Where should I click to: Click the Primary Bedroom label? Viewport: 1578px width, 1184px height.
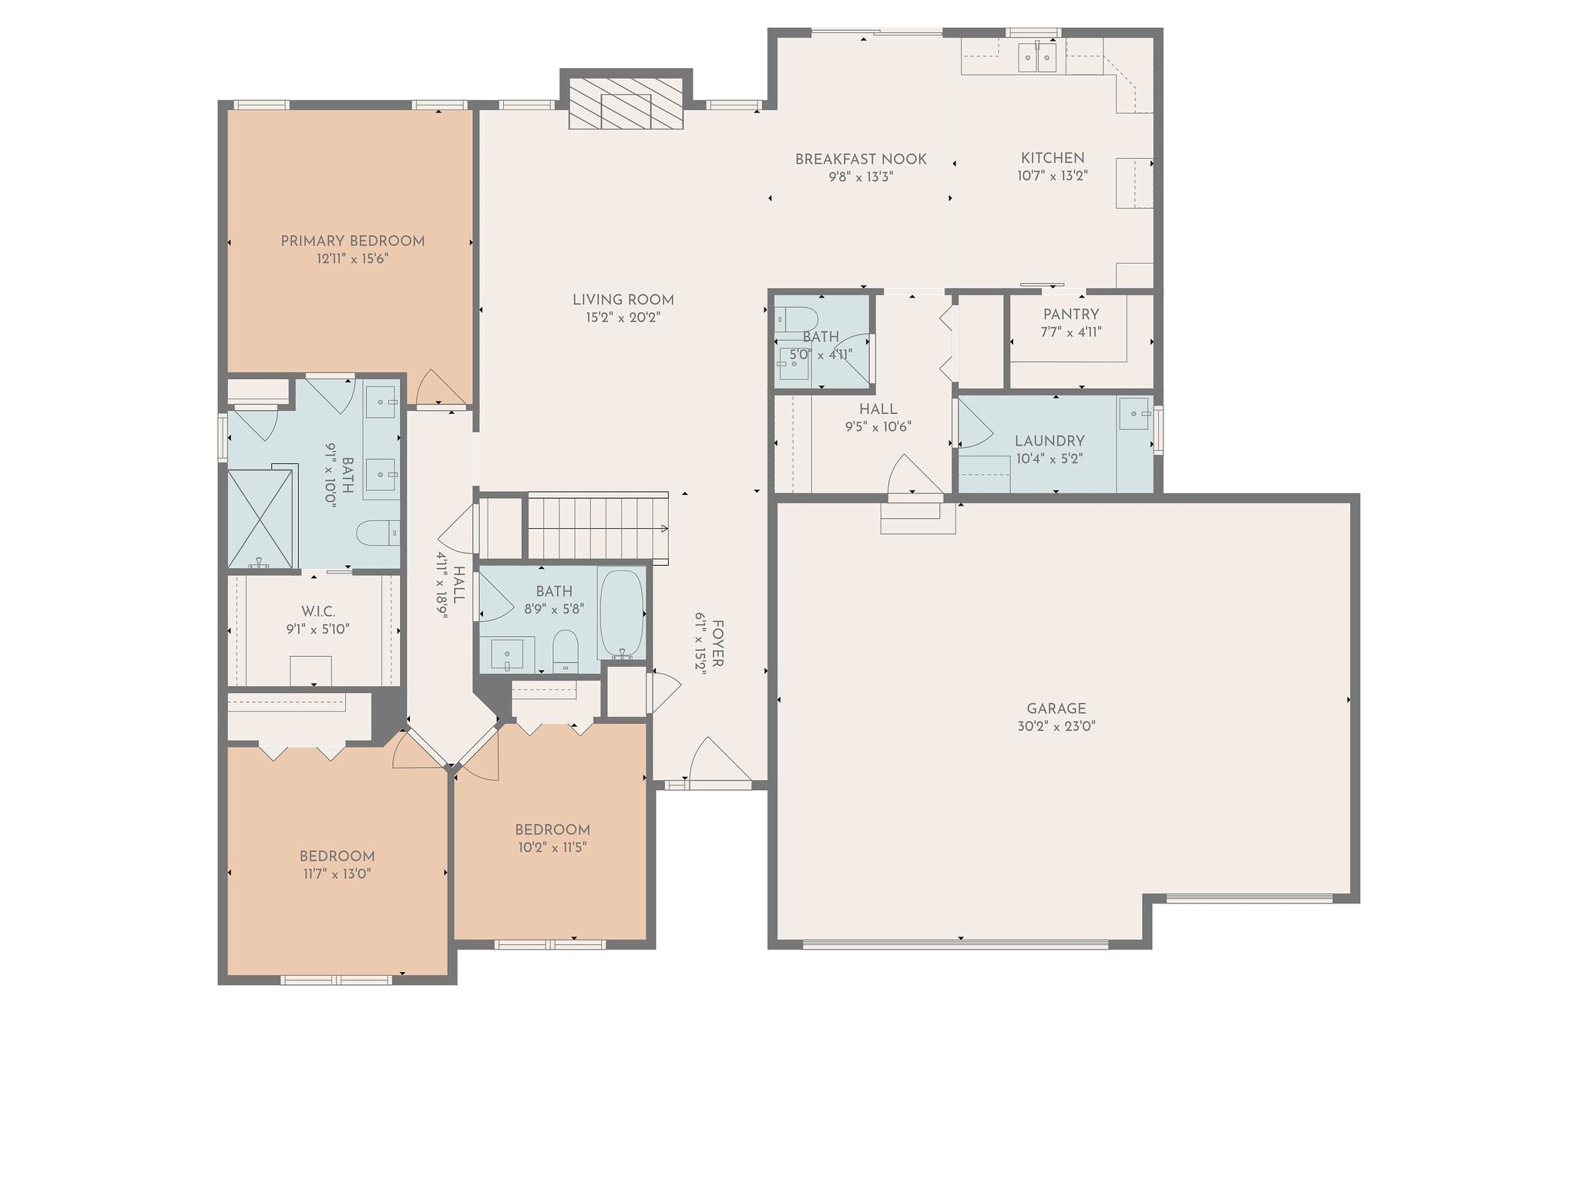(x=352, y=241)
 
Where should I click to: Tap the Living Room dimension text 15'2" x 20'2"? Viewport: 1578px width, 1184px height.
(x=623, y=318)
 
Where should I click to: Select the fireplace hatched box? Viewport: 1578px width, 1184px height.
(x=626, y=103)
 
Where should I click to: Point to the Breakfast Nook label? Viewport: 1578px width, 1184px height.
(x=861, y=160)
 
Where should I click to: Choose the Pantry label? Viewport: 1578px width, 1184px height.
(x=1071, y=314)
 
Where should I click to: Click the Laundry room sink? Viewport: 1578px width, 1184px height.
(x=1135, y=413)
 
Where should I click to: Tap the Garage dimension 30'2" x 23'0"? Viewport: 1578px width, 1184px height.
(x=1056, y=726)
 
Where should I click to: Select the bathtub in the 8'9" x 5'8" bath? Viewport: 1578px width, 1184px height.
(x=622, y=614)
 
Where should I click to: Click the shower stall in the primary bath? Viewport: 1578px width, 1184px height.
(x=261, y=518)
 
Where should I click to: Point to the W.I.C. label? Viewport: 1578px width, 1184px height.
(x=318, y=612)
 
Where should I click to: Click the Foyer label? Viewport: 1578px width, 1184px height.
(x=717, y=644)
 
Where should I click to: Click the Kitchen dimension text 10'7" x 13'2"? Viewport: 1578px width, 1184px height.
(x=1053, y=176)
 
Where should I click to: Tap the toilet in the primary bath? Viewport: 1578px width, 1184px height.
(x=378, y=532)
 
